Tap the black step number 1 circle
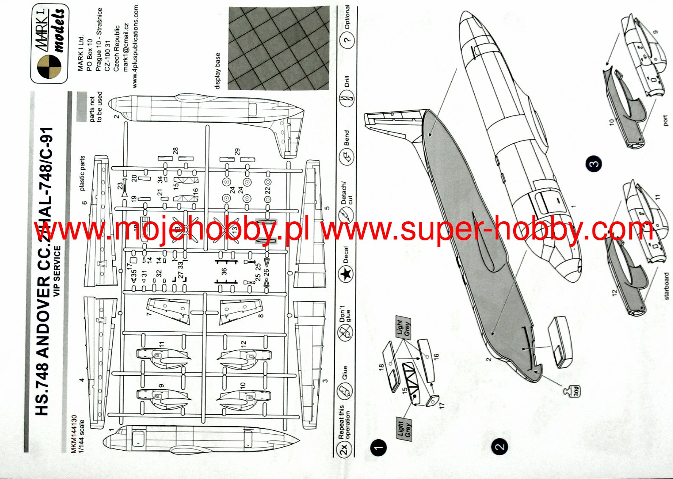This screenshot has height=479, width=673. (x=378, y=447)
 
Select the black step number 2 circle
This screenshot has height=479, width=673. (x=500, y=447)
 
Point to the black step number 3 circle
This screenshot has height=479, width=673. (x=594, y=164)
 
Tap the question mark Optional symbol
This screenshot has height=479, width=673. (x=348, y=40)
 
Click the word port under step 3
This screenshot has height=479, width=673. (x=665, y=121)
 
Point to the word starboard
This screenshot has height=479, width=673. (x=665, y=286)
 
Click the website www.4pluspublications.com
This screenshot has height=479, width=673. (x=135, y=47)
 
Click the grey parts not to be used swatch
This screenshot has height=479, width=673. (x=81, y=107)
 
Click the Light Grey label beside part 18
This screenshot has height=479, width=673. (x=403, y=328)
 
